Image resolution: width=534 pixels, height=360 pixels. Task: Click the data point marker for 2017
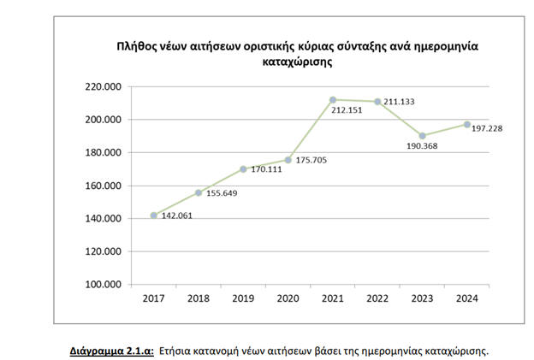tap(154, 215)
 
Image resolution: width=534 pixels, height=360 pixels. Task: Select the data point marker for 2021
tap(333, 100)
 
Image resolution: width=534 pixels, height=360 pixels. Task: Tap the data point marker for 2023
tap(422, 136)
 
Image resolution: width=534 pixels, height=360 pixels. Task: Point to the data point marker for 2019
tap(243, 169)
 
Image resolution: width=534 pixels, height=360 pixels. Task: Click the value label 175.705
tap(312, 160)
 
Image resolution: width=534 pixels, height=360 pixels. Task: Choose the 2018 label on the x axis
tap(199, 298)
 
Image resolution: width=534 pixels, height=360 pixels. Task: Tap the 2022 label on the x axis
tap(377, 298)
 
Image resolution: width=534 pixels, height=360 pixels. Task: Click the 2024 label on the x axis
tap(466, 298)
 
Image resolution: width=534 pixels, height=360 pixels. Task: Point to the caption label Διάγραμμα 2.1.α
tap(112, 350)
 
